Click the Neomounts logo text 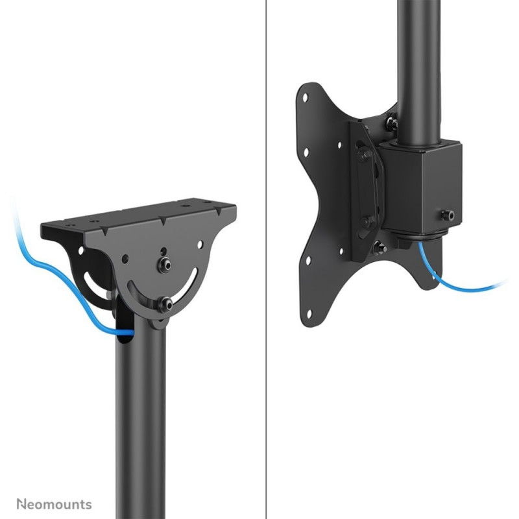point(54,504)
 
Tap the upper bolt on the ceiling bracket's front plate point(164,265)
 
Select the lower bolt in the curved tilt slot point(165,304)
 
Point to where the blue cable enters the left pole point(125,332)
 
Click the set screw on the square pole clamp point(448,215)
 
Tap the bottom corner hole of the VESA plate point(309,314)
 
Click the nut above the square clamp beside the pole point(392,123)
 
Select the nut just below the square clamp point(379,248)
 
